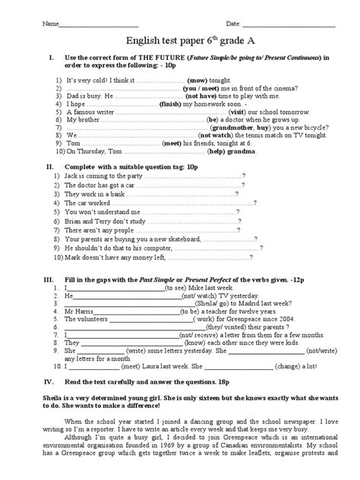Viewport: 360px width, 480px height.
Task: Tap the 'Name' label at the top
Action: pos(51,24)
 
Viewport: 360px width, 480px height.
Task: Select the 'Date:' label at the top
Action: pos(232,24)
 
